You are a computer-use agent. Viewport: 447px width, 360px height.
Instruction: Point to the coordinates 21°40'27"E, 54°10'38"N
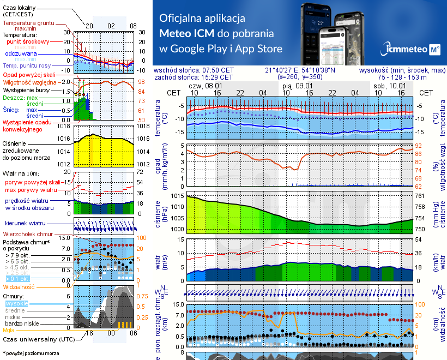click(300, 70)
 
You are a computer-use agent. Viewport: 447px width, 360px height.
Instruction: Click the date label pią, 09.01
click(297, 86)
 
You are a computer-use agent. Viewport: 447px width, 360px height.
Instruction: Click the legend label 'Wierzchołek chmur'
click(29, 235)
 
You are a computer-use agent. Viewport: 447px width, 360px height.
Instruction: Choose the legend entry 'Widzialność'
click(19, 286)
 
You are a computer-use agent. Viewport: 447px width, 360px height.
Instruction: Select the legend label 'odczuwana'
click(21, 54)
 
